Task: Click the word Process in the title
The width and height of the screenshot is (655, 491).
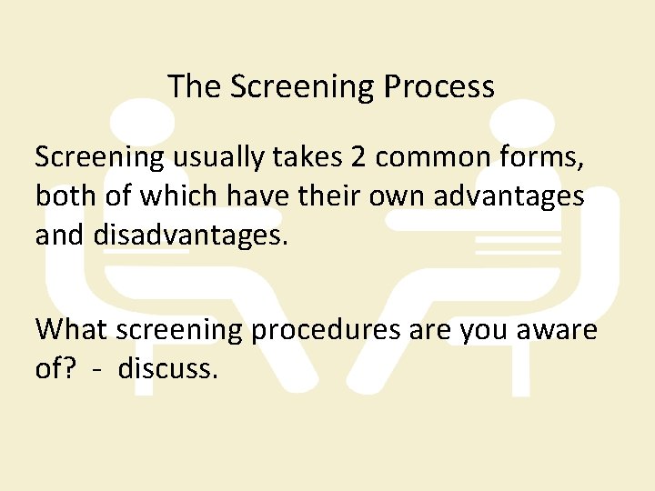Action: point(439,87)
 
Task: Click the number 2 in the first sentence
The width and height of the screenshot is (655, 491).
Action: point(358,157)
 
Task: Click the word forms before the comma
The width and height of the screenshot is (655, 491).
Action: point(544,158)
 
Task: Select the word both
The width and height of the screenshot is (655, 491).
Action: point(63,195)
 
